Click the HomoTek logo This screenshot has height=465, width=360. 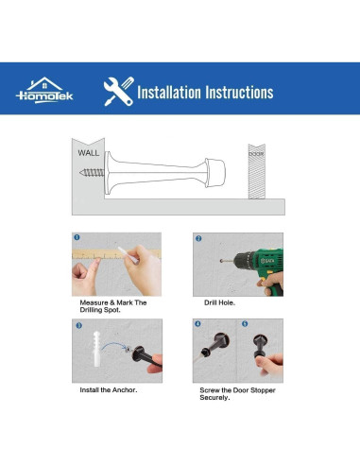(x=44, y=91)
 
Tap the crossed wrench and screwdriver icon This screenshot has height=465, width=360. (x=119, y=92)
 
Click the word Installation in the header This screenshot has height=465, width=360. (x=169, y=93)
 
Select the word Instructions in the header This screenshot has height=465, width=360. (x=239, y=93)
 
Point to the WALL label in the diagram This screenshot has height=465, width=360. (x=89, y=153)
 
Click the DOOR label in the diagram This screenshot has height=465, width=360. (x=256, y=154)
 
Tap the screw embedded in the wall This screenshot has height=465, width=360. (x=92, y=173)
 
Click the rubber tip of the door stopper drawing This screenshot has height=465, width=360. (x=215, y=173)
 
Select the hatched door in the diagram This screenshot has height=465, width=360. (x=257, y=171)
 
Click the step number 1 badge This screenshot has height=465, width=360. (x=77, y=237)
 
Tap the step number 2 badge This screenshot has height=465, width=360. (x=198, y=238)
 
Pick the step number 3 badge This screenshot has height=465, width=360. (x=78, y=325)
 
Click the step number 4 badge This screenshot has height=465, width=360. (x=197, y=324)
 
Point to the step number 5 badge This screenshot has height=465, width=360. (x=245, y=324)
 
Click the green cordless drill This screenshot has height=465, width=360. (x=255, y=267)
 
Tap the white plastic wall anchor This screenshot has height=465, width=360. (x=96, y=349)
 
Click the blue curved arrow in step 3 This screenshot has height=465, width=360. (x=113, y=345)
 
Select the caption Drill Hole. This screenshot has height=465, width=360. (x=219, y=302)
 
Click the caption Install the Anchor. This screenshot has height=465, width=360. (x=109, y=390)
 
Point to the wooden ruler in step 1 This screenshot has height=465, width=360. (x=116, y=253)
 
